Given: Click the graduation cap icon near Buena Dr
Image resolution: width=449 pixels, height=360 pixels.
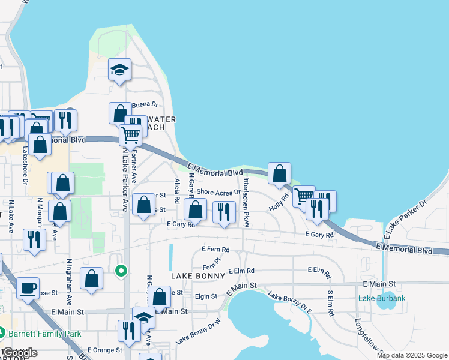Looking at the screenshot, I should pos(120,70).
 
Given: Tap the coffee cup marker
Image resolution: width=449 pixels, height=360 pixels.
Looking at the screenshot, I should pos(28,289).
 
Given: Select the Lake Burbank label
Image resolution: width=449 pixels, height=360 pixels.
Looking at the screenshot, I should pos(382,298).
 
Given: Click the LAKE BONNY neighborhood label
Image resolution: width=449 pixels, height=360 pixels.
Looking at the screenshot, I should pos(197,276).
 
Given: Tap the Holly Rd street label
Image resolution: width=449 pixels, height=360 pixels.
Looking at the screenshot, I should pos(280,197).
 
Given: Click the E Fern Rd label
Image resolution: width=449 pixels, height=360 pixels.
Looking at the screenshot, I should pos(215,249).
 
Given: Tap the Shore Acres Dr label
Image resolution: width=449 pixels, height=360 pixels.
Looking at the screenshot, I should pos(218,192).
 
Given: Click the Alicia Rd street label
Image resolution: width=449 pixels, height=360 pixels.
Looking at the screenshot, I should pos(177,191).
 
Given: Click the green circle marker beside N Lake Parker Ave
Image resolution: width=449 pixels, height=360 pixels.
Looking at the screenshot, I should pos(121,272).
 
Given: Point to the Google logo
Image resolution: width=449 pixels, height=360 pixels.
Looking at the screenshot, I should pos(20,353).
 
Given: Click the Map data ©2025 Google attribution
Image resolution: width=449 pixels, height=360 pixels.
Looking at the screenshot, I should pos(412,355).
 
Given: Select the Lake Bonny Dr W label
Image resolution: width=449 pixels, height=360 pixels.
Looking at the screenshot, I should pos(198,331).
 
